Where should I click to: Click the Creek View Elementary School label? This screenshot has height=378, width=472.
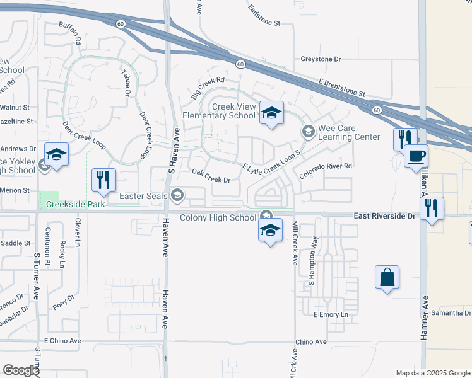click(x=219, y=111)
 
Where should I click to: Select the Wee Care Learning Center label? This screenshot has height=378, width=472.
click(x=349, y=132)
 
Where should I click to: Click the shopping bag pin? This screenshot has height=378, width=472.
click(x=387, y=277)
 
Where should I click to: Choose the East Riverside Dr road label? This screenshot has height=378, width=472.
click(x=385, y=215)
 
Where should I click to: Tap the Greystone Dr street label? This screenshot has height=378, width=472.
click(x=321, y=59)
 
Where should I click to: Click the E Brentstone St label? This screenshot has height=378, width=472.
click(x=341, y=88)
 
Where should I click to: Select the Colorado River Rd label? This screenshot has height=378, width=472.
click(x=325, y=170)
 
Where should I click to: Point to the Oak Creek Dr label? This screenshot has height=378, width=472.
click(x=211, y=176)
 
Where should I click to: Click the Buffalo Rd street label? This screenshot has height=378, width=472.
click(x=70, y=33)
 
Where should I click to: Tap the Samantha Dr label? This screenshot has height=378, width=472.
click(x=451, y=313)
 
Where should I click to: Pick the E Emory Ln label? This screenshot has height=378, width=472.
click(x=331, y=314)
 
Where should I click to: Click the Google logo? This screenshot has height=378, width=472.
click(x=21, y=370)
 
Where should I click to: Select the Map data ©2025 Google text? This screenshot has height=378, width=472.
click(x=432, y=373)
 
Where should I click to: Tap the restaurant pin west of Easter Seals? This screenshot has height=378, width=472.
click(x=102, y=180)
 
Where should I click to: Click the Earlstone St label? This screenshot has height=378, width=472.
click(x=264, y=16)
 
